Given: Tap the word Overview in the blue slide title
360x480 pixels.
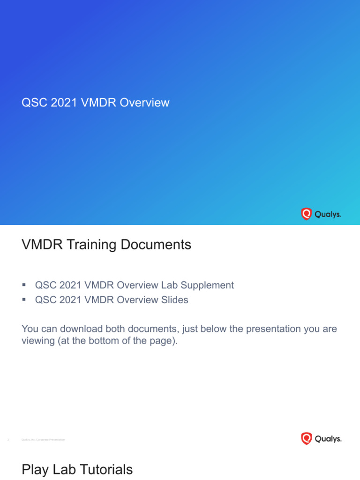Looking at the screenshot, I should coord(144,103).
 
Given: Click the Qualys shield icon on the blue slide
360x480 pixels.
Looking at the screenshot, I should coord(306,214).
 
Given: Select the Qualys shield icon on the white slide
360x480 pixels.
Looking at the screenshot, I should coord(306,439).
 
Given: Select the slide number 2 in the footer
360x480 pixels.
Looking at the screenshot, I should coord(8,440).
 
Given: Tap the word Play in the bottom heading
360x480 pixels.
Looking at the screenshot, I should coord(35,470).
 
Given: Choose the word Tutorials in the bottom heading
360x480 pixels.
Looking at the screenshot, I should coord(107,470).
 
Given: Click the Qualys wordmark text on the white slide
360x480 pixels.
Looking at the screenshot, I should coord(328,439).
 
